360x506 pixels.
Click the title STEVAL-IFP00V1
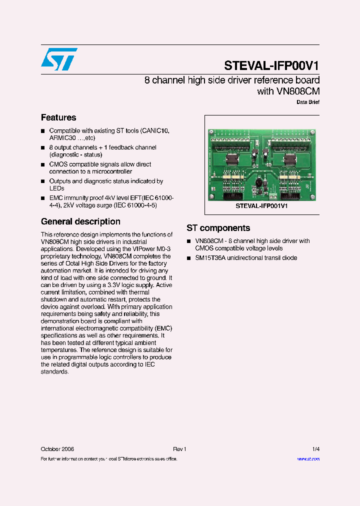[x=271, y=65]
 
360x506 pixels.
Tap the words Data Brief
[x=308, y=102]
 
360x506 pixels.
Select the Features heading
[x=58, y=117]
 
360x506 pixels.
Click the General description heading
[x=80, y=221]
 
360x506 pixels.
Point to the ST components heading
[x=218, y=228]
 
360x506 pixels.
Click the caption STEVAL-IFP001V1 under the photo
[x=261, y=205]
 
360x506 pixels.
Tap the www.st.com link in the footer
[x=308, y=458]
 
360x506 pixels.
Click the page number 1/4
[x=315, y=449]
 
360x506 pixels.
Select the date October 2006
[x=57, y=449]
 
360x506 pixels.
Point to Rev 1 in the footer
[x=179, y=449]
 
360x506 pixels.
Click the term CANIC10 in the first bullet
[x=155, y=130]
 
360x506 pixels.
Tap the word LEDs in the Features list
[x=56, y=188]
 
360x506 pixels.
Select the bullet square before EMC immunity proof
[x=43, y=198]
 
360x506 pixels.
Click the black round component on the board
[x=259, y=181]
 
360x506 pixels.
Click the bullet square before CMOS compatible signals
[x=43, y=164]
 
